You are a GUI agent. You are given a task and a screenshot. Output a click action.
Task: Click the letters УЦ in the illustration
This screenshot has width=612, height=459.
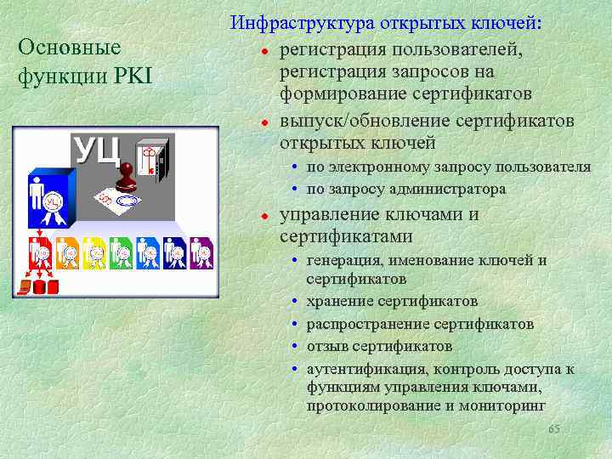pyautogui.click(x=96, y=150)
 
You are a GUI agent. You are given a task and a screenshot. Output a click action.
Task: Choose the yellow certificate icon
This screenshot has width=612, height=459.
pyautogui.click(x=94, y=252)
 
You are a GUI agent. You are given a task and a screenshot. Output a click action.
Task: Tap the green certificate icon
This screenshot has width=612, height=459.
pyautogui.click(x=122, y=252)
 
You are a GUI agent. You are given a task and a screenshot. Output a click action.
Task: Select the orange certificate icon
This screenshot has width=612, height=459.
pyautogui.click(x=67, y=252)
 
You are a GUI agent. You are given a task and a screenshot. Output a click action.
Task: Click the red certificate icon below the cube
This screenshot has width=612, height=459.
pyautogui.click(x=39, y=252)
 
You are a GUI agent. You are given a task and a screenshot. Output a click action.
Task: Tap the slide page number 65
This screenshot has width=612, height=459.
pyautogui.click(x=554, y=429)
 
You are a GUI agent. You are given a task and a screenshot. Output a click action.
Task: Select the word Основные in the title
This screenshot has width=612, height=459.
pyautogui.click(x=69, y=48)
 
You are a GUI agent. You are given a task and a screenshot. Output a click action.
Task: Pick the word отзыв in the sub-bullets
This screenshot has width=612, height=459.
pyautogui.click(x=326, y=347)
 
